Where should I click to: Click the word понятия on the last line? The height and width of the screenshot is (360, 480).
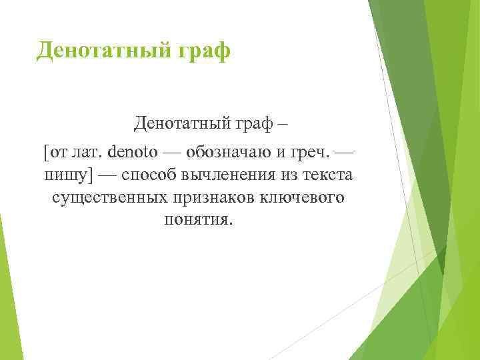[x=198, y=220]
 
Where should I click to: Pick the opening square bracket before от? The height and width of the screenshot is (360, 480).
[x=45, y=151]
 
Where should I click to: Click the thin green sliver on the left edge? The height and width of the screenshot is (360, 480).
[x=4, y=280]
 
